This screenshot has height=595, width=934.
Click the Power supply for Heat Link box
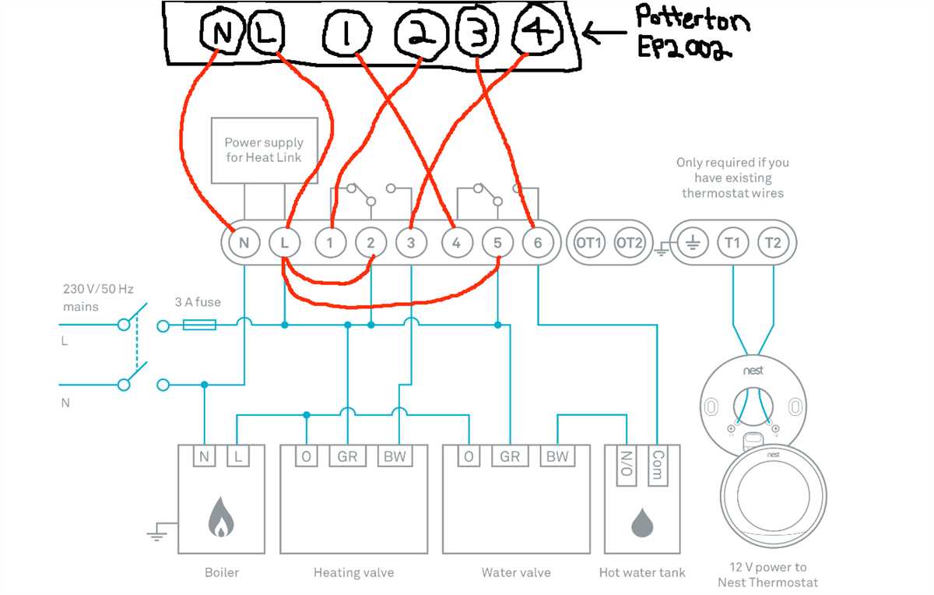(x=264, y=150)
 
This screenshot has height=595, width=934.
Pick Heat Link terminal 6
(x=537, y=243)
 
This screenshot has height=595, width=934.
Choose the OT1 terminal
(x=589, y=243)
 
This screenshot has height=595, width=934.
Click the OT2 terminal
(x=629, y=243)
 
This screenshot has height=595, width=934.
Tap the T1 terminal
(x=732, y=243)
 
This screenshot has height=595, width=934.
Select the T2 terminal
(x=772, y=243)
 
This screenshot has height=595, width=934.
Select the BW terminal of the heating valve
(x=395, y=456)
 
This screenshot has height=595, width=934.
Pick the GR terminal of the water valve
(x=510, y=456)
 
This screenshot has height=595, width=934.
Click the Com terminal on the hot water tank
(x=658, y=466)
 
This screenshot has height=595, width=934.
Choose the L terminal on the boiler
(x=238, y=456)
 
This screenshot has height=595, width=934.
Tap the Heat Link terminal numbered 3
(x=410, y=243)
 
